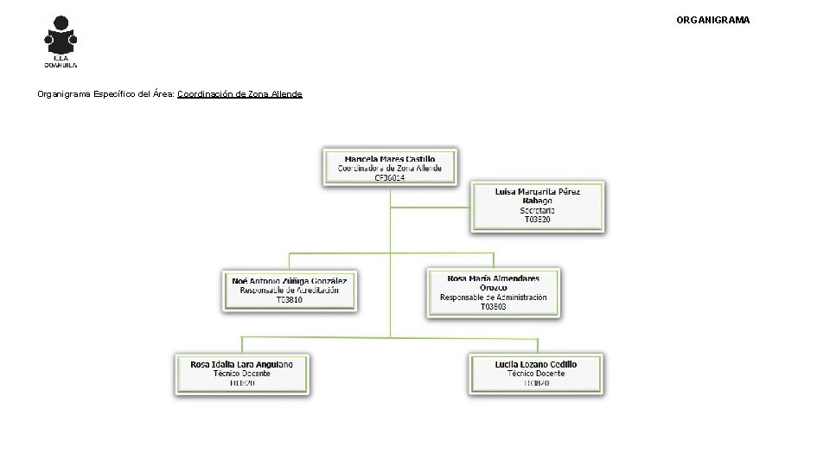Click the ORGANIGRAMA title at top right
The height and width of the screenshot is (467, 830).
[x=712, y=19]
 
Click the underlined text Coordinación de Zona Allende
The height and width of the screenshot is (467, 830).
[x=239, y=93]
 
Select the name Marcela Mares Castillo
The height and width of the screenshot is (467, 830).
[x=389, y=159]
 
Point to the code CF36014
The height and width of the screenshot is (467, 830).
[x=389, y=177]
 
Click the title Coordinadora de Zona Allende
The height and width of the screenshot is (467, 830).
[x=389, y=169]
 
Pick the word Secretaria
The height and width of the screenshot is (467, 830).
[x=537, y=210]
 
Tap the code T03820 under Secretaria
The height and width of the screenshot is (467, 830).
[x=537, y=220]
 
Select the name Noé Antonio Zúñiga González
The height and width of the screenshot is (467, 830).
[x=290, y=281]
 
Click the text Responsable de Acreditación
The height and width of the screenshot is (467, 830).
[x=290, y=291]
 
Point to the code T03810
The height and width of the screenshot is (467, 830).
[x=290, y=300]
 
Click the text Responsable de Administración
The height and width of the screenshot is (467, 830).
[x=493, y=297]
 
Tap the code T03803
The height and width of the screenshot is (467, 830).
[x=493, y=307]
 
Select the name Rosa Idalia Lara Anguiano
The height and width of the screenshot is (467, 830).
[x=242, y=364]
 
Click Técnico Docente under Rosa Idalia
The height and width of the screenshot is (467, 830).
[x=242, y=374]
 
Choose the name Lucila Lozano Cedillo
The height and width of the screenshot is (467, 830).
[x=536, y=364]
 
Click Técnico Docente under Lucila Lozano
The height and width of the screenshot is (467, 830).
[x=536, y=374]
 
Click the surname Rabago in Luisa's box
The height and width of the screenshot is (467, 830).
[x=537, y=201]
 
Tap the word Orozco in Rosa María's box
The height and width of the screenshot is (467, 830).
[x=493, y=288]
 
